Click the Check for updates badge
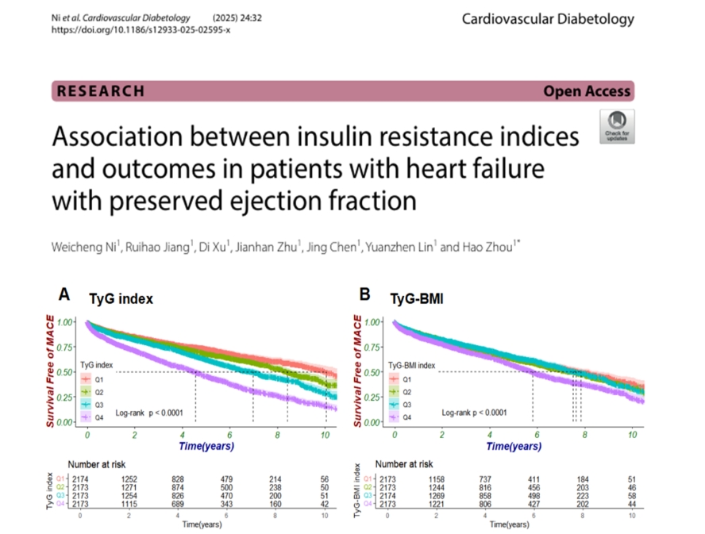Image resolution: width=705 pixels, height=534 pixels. click(617, 127)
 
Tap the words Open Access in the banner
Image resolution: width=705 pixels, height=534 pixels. click(587, 90)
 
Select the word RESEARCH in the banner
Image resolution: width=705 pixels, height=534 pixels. click(101, 90)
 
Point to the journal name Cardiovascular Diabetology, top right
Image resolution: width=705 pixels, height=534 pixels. click(548, 18)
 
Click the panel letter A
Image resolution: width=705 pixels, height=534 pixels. click(64, 294)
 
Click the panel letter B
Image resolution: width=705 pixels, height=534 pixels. click(364, 294)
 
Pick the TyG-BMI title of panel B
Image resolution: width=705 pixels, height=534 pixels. click(418, 299)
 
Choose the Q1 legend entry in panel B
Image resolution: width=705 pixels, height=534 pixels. click(406, 378)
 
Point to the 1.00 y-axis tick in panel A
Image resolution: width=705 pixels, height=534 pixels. click(69, 322)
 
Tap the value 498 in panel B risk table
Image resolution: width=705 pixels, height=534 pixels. click(533, 497)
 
